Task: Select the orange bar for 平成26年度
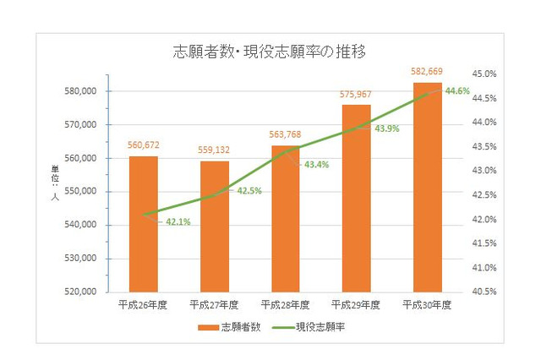click(143, 224)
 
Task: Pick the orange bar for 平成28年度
click(285, 219)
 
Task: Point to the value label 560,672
click(143, 145)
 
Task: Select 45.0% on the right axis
click(484, 74)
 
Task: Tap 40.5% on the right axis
click(484, 292)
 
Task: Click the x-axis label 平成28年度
click(285, 303)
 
